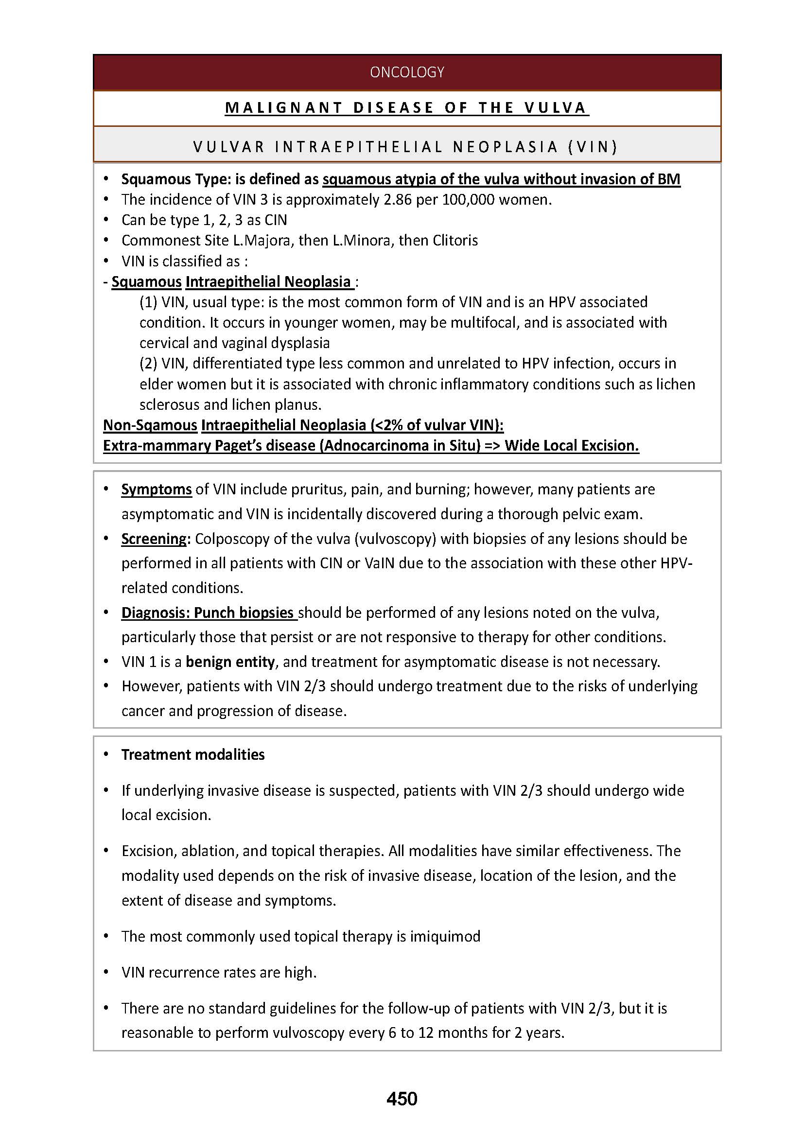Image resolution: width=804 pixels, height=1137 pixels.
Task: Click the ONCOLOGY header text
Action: [x=406, y=72]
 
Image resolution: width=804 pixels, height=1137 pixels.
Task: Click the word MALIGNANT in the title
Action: [x=283, y=107]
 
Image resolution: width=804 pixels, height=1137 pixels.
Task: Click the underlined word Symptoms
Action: [x=157, y=490]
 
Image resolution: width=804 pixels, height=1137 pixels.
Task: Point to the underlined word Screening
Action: [x=155, y=539]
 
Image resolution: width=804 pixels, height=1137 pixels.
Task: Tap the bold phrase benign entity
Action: [x=230, y=662]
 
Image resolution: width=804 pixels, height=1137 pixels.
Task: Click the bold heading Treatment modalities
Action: [x=192, y=755]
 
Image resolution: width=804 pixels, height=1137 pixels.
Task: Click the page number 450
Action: [x=402, y=1099]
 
